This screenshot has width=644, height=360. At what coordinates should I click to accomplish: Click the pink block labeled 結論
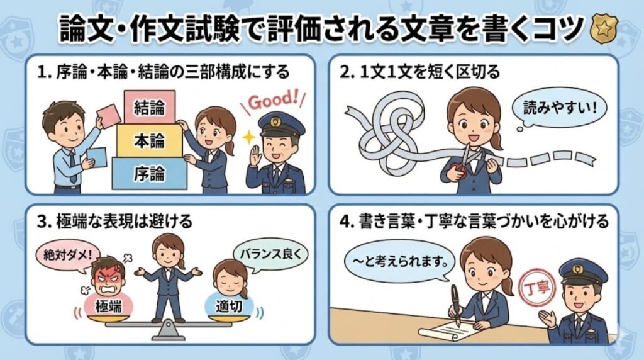point(149,108)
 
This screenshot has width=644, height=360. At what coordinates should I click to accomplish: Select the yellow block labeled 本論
point(149,141)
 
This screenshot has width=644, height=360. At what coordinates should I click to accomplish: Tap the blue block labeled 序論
point(149,173)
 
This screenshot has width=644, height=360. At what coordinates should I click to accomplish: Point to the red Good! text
point(272,100)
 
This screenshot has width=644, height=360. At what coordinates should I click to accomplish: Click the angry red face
point(109,278)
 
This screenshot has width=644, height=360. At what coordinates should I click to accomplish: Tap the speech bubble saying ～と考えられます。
point(399,259)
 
